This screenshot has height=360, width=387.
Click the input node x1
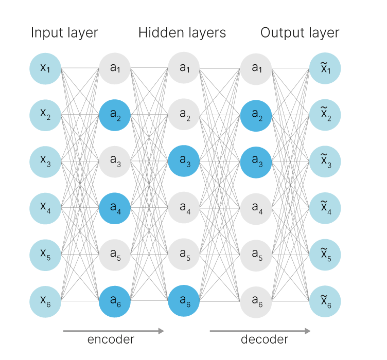45,68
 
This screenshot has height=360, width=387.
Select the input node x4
45,208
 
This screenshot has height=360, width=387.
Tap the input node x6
45,301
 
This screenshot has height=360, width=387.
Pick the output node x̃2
325,115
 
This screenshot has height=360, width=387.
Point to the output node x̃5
325,255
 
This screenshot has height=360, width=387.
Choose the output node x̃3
325,161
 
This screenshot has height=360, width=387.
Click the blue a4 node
115,208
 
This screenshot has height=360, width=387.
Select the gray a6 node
256,301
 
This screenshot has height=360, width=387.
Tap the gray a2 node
184,115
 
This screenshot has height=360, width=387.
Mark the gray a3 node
115,161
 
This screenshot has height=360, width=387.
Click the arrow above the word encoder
114,331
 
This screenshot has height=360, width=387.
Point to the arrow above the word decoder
260,331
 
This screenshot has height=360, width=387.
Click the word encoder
111,340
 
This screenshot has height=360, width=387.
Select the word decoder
265,340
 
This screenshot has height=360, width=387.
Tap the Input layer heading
64,33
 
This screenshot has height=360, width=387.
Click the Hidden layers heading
182,33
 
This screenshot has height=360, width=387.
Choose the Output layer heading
300,33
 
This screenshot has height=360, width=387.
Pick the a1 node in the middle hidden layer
184,68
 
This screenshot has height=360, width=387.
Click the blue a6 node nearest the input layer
115,301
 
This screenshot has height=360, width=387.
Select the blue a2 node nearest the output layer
256,115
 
